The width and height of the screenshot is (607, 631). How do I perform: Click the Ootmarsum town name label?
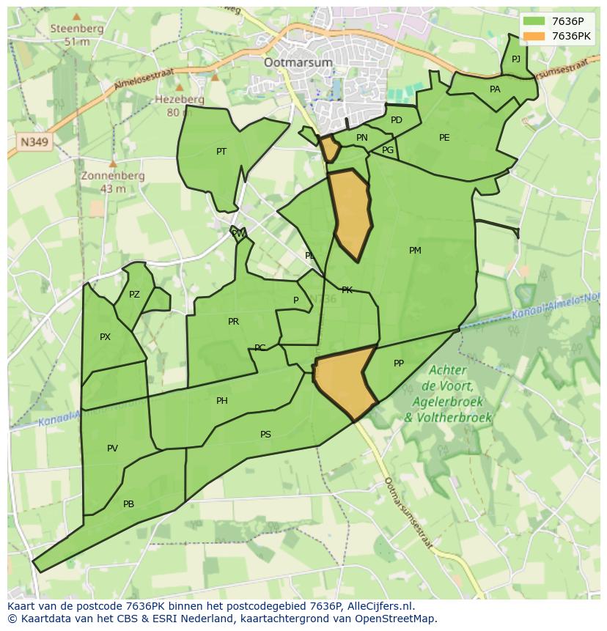pos(298,62)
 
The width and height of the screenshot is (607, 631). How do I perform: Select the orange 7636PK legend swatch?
pos(534,36)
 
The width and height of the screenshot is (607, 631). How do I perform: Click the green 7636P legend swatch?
pos(534,21)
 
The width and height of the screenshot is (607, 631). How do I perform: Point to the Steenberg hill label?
pos(76,29)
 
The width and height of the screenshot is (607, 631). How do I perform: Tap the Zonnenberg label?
pos(113,176)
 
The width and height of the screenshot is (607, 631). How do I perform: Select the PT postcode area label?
pos(221,152)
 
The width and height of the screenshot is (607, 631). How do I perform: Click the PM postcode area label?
pos(415,251)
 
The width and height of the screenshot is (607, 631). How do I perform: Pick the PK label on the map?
pos(347,290)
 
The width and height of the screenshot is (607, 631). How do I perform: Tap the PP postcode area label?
pos(399,363)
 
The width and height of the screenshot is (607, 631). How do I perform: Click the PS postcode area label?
pos(265,435)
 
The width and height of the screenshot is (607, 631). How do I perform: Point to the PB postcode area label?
pos(128,504)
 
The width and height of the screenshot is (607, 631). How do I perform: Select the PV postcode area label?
pos(112,449)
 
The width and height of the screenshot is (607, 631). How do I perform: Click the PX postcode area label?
pos(105,337)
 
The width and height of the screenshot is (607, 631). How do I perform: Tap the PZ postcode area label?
pos(134,295)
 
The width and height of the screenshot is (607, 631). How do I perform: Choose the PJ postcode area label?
pos(516,59)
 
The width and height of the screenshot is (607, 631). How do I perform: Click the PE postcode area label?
pos(444,138)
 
